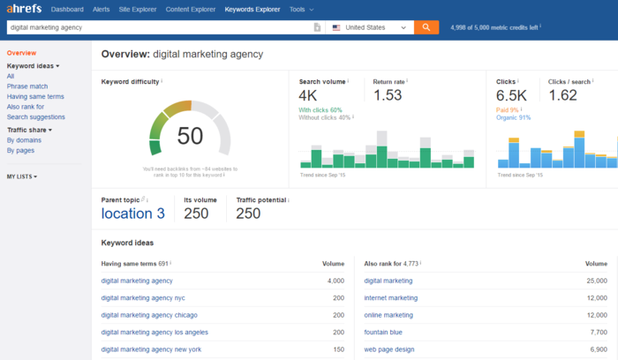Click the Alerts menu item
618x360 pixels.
[x=102, y=10]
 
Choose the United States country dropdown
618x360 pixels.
[x=369, y=27]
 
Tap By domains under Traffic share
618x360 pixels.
[x=24, y=140]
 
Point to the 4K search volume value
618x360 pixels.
[x=309, y=95]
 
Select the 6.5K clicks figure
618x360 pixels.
[x=511, y=95]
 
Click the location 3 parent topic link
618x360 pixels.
[x=132, y=213]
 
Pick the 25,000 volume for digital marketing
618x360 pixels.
[x=595, y=281]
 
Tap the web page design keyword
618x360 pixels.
[x=389, y=349]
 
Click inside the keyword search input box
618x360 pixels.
[x=159, y=27]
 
